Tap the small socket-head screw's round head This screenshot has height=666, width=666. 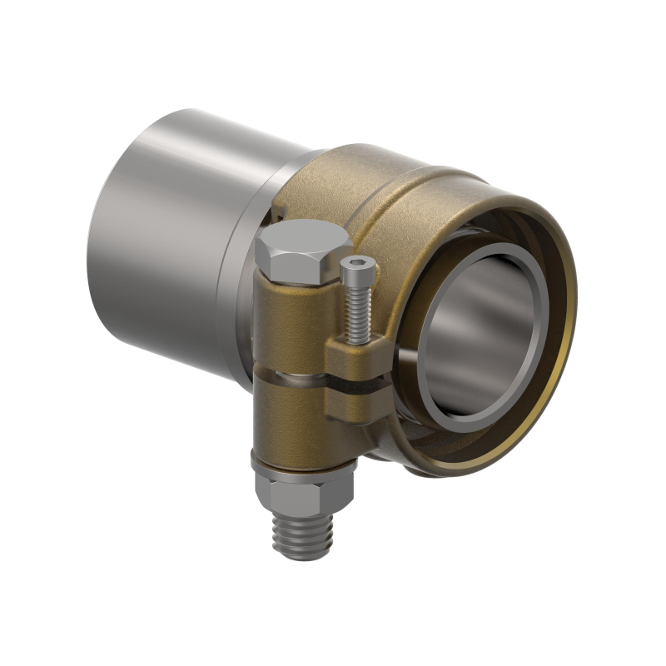point(358,267)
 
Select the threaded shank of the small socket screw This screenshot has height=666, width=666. point(356,312)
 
